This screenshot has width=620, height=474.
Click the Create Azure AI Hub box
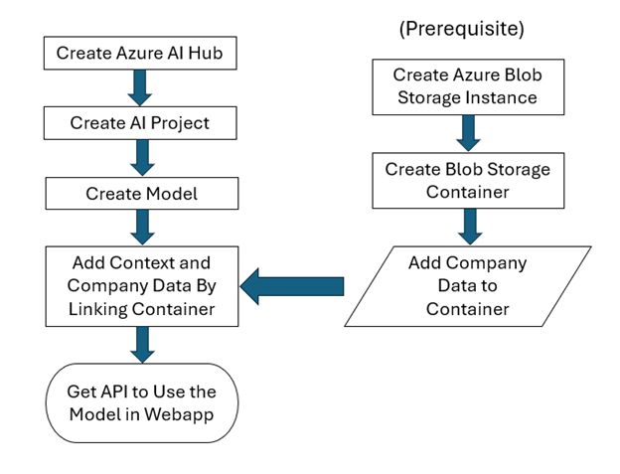tap(141, 53)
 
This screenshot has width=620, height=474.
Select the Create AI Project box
tap(141, 123)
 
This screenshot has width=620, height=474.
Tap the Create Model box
tap(141, 194)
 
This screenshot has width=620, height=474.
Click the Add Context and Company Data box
tap(141, 286)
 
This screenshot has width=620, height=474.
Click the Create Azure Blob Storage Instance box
tap(466, 86)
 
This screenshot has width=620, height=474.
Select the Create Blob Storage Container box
tap(466, 180)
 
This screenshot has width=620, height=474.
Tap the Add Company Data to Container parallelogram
tap(467, 286)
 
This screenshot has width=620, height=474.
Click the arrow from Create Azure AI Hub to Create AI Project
tap(141, 87)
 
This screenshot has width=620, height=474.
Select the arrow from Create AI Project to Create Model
tap(141, 158)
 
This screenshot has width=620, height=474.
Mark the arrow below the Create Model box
tap(141, 228)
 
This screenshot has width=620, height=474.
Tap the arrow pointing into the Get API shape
tap(141, 345)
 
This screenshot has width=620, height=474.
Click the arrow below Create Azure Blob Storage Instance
tap(466, 132)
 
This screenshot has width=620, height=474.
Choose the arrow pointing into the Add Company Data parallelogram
tap(466, 227)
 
